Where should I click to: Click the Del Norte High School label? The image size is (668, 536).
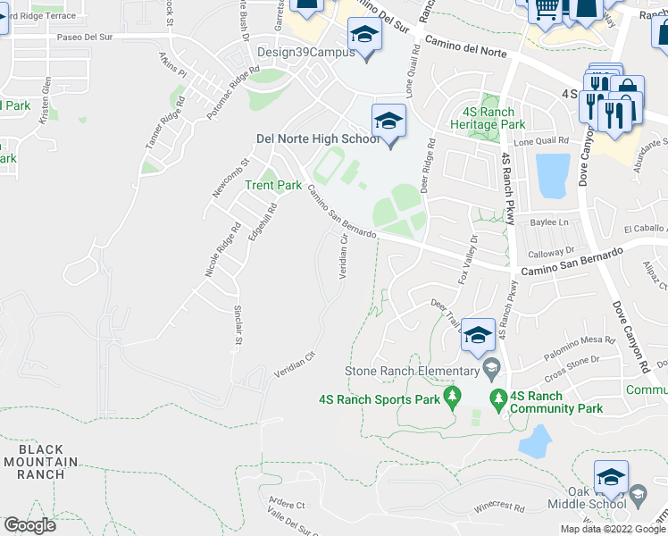coord(317,138)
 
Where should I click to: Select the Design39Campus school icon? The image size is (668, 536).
coord(364,37)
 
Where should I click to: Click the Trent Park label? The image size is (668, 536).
coord(273,185)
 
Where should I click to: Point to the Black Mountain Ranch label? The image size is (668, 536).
coord(40,462)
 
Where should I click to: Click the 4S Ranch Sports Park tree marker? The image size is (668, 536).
coord(452,395)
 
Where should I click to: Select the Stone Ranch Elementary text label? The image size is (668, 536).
coord(412,371)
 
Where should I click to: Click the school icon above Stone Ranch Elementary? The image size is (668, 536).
coord(479,336)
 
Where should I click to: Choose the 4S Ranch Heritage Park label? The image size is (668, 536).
coord(488,119)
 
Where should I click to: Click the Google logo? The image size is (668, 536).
coord(29,525)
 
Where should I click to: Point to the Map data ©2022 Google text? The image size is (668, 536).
coord(613,529)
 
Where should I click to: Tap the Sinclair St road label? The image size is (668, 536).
coord(238,326)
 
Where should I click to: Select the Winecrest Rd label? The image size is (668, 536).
coord(499,507)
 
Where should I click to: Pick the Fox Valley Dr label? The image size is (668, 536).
coord(468,260)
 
